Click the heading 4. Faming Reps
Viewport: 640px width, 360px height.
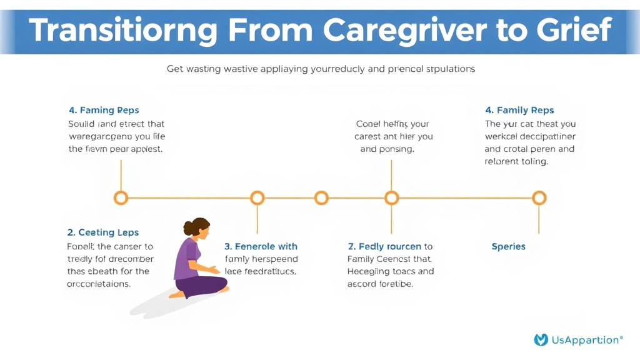(x=104, y=111)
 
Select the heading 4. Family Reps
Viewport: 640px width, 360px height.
(x=520, y=111)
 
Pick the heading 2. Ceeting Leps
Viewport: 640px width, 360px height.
(x=103, y=232)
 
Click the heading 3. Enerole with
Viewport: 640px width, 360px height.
(x=261, y=246)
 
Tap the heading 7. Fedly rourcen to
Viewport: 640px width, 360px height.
(x=390, y=246)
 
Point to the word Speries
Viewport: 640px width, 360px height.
(x=508, y=246)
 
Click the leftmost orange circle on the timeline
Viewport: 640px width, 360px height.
(x=121, y=198)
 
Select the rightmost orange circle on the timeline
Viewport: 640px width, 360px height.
(x=539, y=198)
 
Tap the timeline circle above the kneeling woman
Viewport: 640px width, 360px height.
(x=257, y=198)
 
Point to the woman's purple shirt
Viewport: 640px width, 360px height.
(x=187, y=260)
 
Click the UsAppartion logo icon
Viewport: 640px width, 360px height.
(x=541, y=340)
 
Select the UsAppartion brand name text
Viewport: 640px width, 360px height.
(x=586, y=340)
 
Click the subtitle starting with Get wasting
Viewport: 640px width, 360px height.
(x=321, y=69)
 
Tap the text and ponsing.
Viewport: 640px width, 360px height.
(x=387, y=149)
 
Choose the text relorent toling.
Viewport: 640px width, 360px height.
(x=516, y=161)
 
